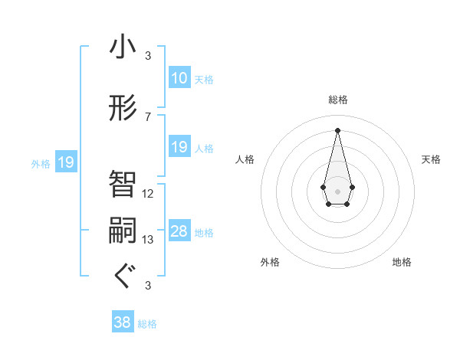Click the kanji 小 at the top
pos(123,48)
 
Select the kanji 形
pos(123,108)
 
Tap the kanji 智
pos(123,185)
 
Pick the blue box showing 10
pos(179,78)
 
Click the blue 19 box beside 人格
pos(179,147)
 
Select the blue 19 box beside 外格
pos(65,162)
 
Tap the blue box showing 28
pos(179,231)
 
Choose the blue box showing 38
pos(122,322)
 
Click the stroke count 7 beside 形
pos(147,117)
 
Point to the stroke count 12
pos(148,194)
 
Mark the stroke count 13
pos(148,240)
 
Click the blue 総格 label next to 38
pos(147,324)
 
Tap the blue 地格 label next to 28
pos(204,233)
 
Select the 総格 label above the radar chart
pos(337,100)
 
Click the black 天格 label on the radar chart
pos(431,159)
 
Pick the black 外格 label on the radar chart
pos(270,262)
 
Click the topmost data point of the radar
pos(337,129)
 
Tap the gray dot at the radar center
pos(337,190)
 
